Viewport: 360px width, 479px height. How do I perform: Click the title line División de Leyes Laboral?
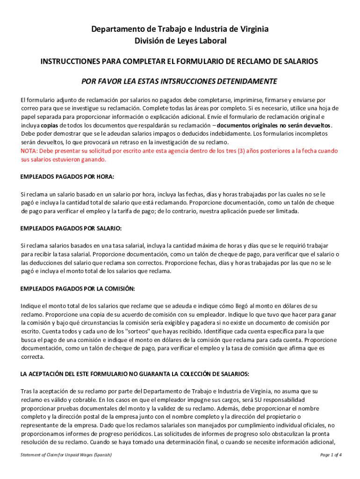click(180, 41)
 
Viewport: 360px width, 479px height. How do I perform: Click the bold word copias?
click(50, 125)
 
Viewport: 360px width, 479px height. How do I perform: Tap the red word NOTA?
click(29, 151)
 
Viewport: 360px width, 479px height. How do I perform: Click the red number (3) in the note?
click(243, 151)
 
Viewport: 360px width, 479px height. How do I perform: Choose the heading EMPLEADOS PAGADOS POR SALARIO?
click(71, 228)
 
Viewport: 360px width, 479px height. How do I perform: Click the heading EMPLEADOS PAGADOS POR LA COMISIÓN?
click(78, 288)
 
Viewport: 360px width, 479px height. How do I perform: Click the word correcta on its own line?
click(32, 357)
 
